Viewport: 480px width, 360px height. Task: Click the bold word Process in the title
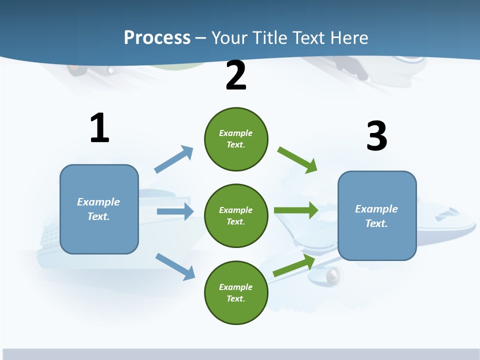(x=157, y=37)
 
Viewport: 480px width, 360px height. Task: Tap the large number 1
(x=99, y=128)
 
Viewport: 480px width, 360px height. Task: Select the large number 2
(x=236, y=75)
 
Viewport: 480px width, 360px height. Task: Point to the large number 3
(x=376, y=136)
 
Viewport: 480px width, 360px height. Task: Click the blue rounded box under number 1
(x=99, y=235)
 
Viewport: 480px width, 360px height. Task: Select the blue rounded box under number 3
(x=377, y=242)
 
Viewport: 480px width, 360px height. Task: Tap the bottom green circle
(x=236, y=310)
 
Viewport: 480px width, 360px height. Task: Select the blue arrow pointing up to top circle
(x=174, y=159)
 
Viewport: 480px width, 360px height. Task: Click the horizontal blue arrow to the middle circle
(x=175, y=211)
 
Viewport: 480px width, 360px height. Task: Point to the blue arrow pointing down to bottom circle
(x=175, y=266)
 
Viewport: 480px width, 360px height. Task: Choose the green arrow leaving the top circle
(x=297, y=159)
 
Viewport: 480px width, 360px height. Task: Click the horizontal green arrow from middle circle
(x=296, y=210)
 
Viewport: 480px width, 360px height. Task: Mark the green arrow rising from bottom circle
(x=294, y=265)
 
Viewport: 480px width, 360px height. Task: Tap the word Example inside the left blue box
(x=98, y=202)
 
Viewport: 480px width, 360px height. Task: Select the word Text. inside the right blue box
(x=376, y=223)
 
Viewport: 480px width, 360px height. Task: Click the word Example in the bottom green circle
(x=235, y=287)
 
